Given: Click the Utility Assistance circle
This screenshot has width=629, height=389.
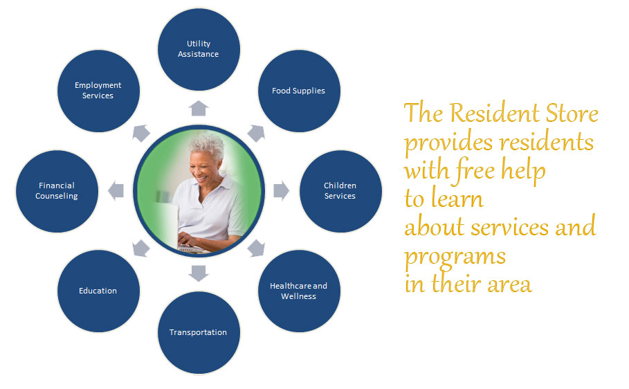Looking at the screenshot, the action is [x=199, y=49].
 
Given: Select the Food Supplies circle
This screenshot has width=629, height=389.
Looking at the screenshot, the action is [x=299, y=91].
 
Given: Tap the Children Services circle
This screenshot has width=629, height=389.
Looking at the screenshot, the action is [x=340, y=191].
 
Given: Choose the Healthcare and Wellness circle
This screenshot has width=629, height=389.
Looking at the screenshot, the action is [x=299, y=291].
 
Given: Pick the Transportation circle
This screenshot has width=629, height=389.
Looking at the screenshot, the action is [x=199, y=333].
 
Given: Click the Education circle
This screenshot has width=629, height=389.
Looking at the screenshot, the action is [x=98, y=291].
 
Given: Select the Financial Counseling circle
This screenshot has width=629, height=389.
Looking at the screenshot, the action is [x=57, y=191].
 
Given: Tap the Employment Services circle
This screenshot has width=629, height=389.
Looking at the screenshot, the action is [x=98, y=91].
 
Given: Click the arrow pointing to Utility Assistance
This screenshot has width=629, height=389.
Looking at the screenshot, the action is [x=199, y=109].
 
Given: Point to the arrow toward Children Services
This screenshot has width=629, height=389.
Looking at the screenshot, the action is [x=281, y=190].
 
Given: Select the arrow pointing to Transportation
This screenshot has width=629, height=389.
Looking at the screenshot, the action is [x=199, y=273].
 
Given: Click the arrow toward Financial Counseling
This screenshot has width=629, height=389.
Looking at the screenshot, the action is [x=116, y=190].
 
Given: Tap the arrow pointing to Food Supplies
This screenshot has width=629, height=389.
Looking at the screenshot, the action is [x=257, y=133].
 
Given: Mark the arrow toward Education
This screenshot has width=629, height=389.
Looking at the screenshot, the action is [x=140, y=248].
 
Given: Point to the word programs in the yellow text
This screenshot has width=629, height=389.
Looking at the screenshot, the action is [x=455, y=257].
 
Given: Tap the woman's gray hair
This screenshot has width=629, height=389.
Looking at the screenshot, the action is [x=208, y=146].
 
